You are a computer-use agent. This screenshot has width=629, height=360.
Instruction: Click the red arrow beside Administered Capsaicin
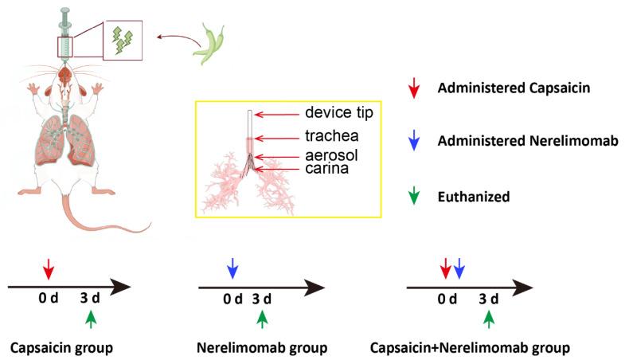coord(411,88)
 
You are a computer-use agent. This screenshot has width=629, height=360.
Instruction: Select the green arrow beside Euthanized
coord(411,194)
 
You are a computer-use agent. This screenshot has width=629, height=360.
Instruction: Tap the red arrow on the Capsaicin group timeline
coord(49,268)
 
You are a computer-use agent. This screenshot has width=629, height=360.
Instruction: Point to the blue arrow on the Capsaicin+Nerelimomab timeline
coord(459,268)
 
